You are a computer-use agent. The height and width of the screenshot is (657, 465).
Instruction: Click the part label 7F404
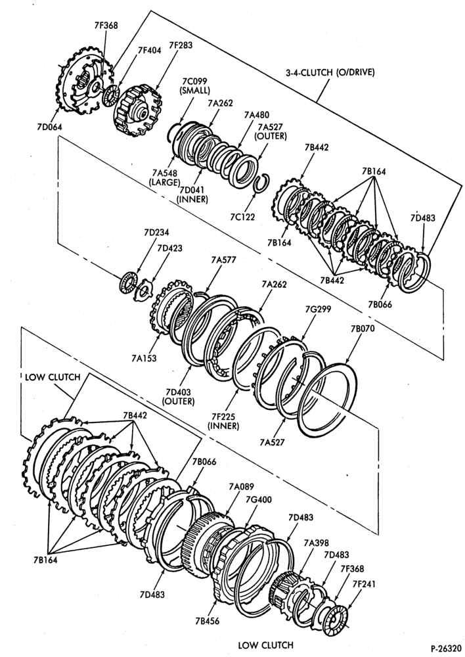pos(150,51)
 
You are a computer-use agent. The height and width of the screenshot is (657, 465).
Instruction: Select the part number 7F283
pos(181,45)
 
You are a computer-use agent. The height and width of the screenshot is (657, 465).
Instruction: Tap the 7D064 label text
pos(49,127)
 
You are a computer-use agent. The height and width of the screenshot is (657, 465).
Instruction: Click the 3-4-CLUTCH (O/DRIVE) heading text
pos(330,72)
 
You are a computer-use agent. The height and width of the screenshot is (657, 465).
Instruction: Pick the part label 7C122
pos(242,216)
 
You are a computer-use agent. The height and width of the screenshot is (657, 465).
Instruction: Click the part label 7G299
pos(319,309)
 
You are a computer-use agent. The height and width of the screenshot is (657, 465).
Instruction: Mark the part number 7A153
pos(143,358)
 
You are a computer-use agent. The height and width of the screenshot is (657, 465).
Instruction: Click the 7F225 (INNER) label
pos(225,421)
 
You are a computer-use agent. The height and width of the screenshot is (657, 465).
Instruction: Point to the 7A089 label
pos(241,486)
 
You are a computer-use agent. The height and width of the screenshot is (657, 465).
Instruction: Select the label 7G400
pos(259,499)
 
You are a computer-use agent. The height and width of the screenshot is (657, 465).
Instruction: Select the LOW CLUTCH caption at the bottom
pos(265,645)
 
